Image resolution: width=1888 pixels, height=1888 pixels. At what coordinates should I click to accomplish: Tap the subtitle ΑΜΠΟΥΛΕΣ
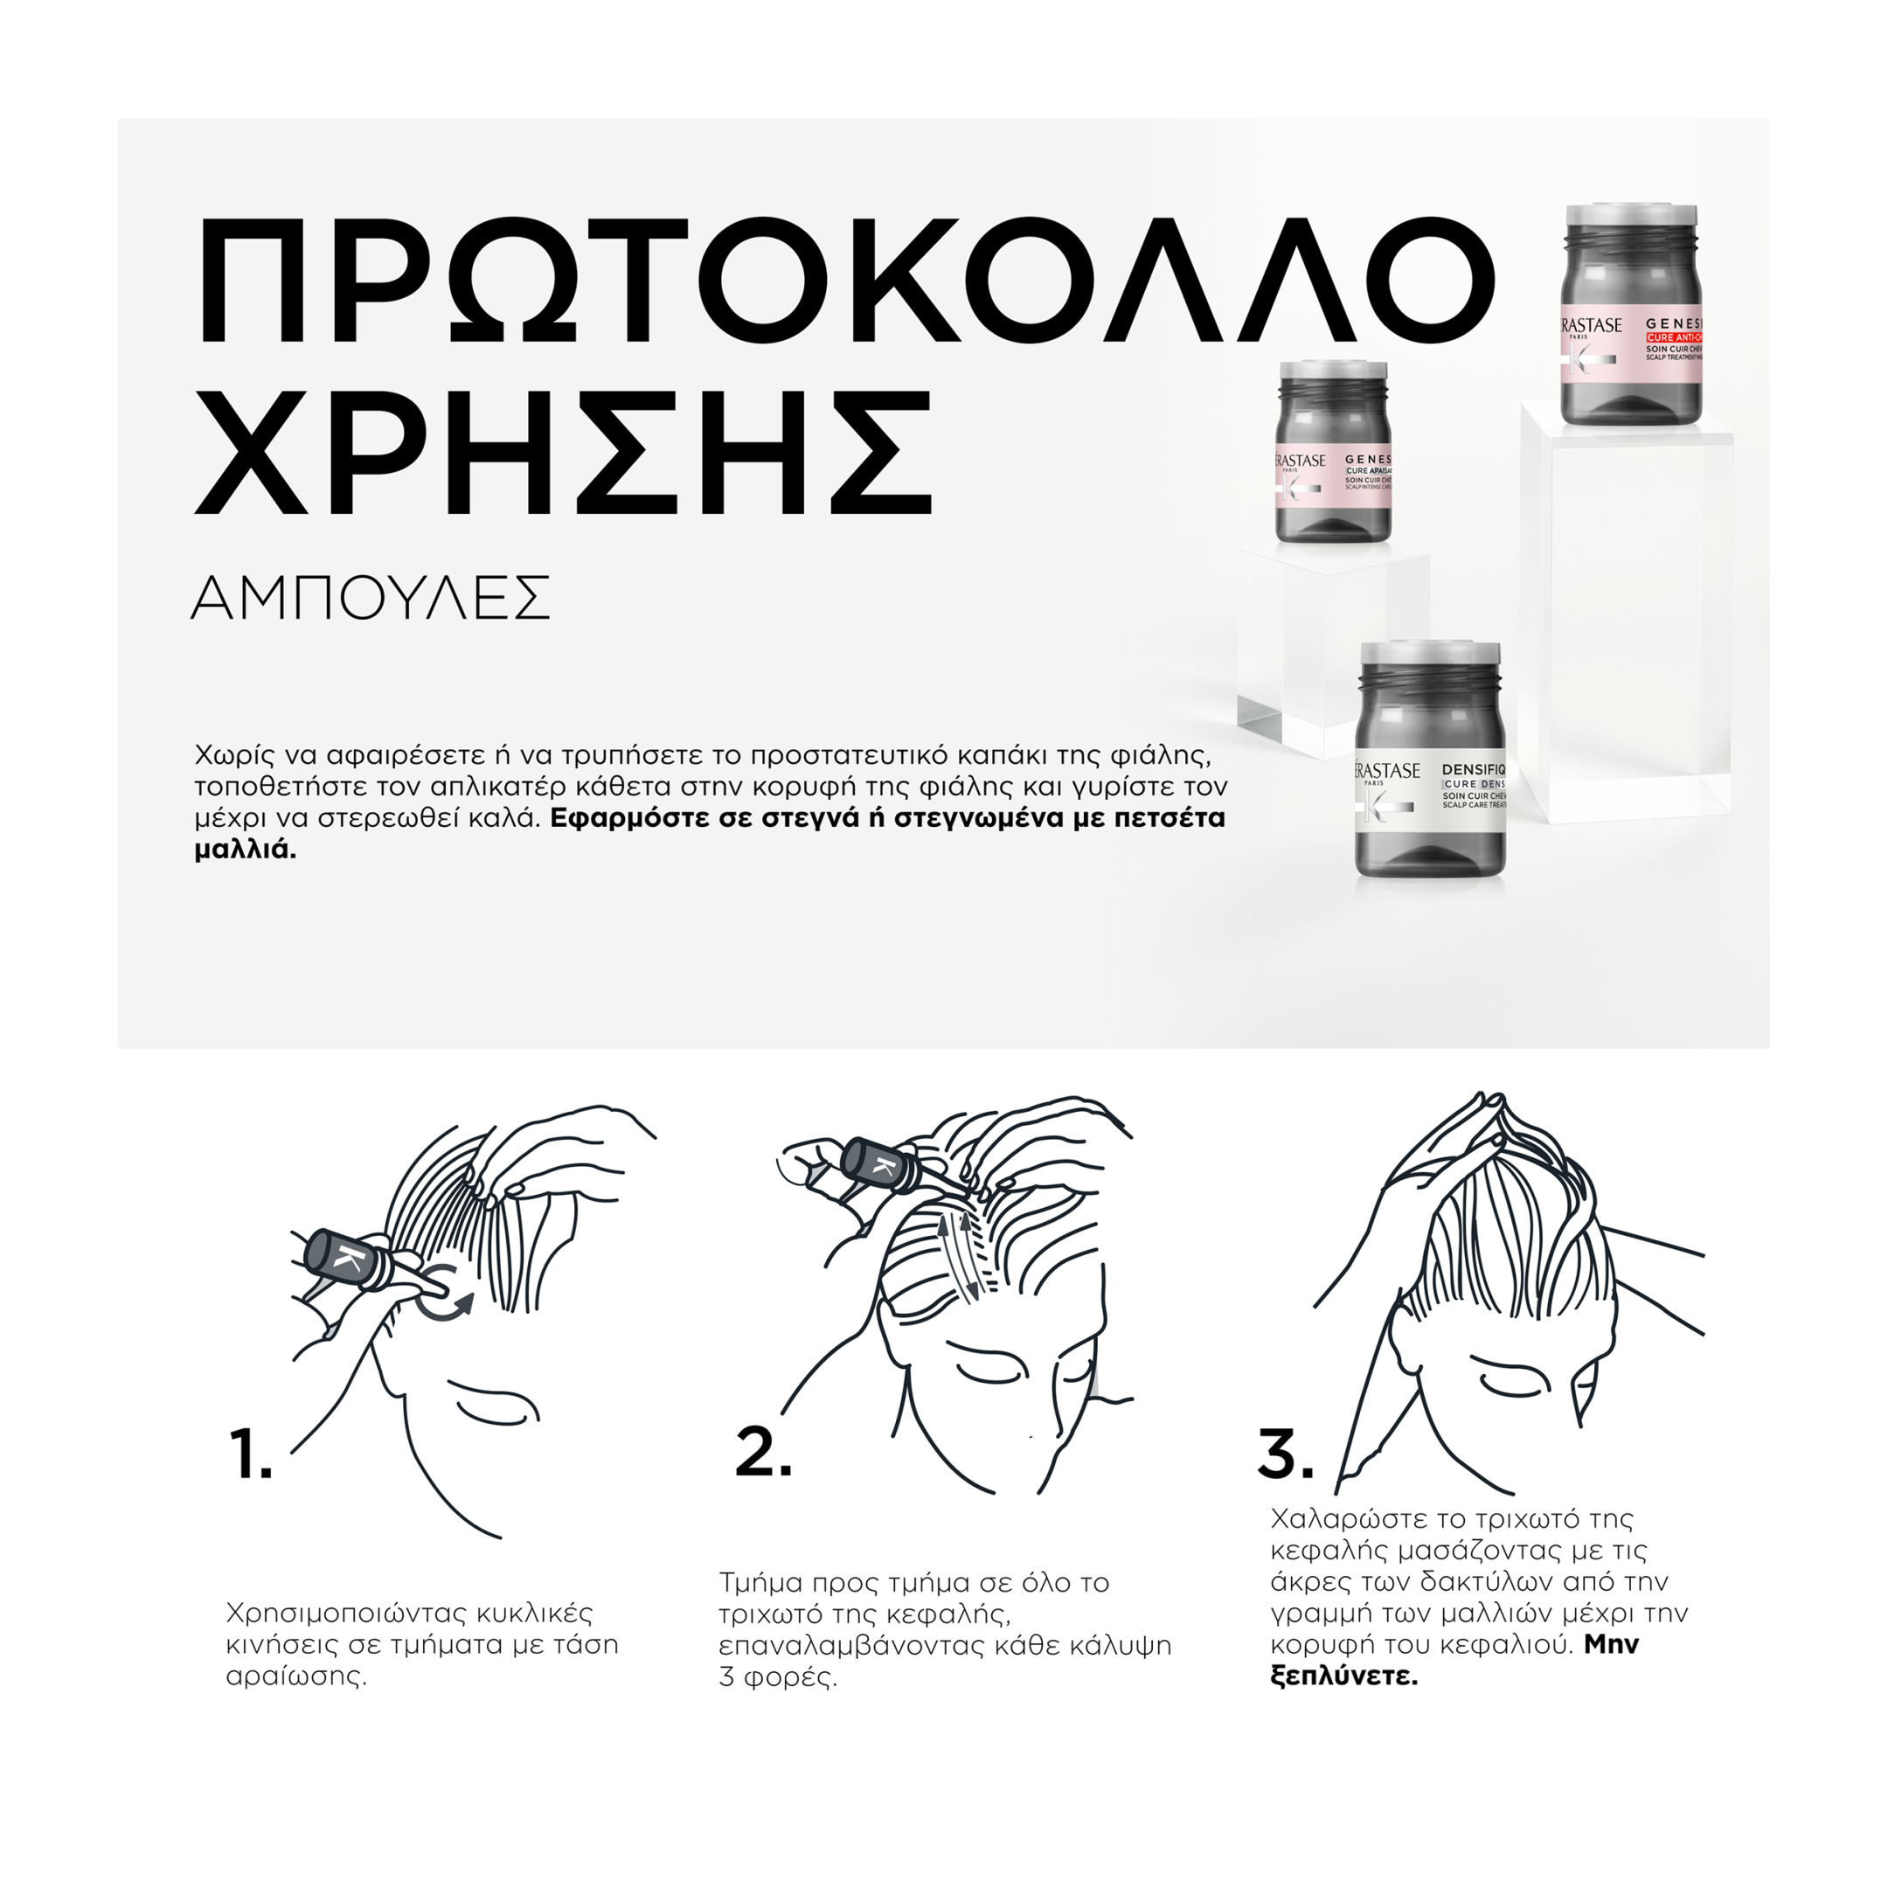tap(371, 598)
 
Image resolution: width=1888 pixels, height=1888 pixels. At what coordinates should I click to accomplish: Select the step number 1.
tap(250, 1455)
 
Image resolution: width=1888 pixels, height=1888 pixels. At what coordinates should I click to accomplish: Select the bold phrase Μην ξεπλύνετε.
tap(1344, 1678)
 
